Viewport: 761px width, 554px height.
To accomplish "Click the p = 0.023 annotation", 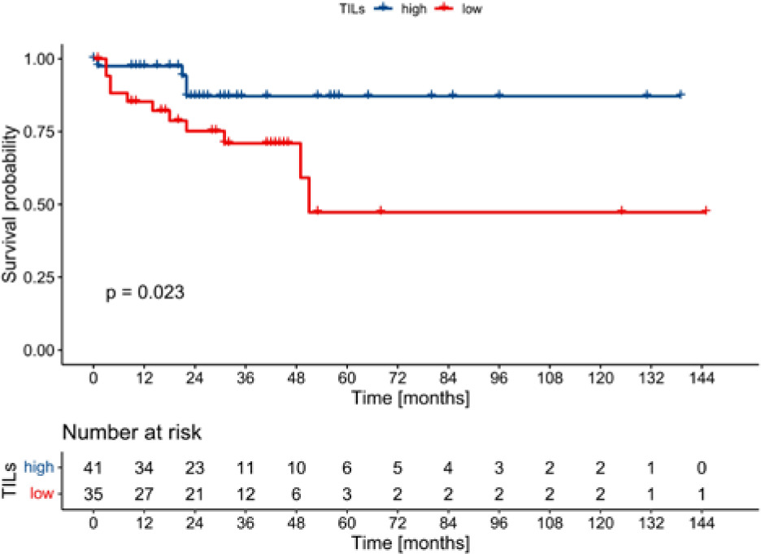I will point(145,292).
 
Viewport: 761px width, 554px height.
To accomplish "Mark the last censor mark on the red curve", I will point(706,211).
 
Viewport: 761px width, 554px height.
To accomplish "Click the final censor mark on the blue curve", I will point(681,95).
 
